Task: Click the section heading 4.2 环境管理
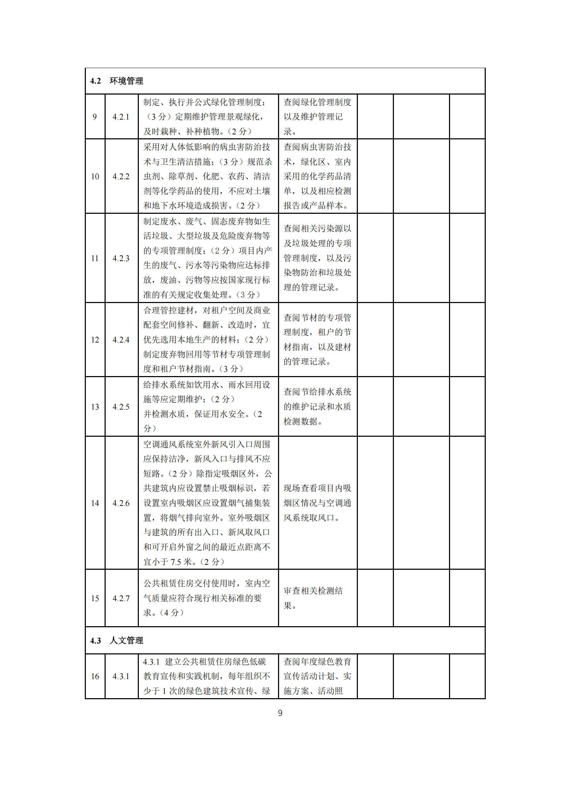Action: [x=117, y=81]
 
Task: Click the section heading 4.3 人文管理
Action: [x=117, y=640]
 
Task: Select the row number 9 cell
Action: [x=95, y=117]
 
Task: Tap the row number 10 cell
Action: [x=95, y=176]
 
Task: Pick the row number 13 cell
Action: [x=95, y=407]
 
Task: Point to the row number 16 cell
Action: [x=95, y=676]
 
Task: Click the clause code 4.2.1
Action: [x=121, y=117]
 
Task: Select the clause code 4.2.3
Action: [x=121, y=258]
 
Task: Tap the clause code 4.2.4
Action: [x=121, y=340]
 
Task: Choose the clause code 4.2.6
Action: [x=121, y=503]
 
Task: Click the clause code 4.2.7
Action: [x=121, y=598]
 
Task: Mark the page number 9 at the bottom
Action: [x=280, y=713]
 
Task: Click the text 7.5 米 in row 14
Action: [x=181, y=562]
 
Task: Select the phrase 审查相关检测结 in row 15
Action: [x=313, y=591]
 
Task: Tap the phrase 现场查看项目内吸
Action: [x=317, y=488]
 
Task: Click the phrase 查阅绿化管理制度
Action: [x=317, y=102]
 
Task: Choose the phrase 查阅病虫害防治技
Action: [x=317, y=147]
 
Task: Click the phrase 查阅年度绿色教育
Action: [x=317, y=661]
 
